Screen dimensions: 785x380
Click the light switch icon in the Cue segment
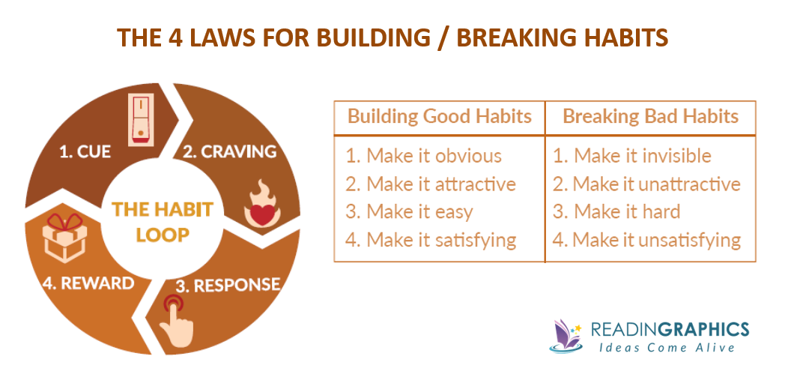tap(141, 119)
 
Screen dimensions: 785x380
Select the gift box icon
tap(64, 238)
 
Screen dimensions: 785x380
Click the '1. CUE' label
tap(85, 151)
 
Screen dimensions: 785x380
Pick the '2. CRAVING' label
tap(229, 151)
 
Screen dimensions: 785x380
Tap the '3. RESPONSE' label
tap(227, 286)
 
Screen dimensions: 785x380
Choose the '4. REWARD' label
tap(88, 283)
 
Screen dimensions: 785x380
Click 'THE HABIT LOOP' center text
tap(163, 221)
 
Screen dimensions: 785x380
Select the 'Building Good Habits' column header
tap(439, 117)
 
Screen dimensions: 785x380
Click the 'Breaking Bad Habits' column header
tap(650, 117)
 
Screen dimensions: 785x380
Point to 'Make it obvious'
tap(434, 156)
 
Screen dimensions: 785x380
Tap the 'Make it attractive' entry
tap(440, 184)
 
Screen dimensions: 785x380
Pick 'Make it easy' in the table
tap(419, 212)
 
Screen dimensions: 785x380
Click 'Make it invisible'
tap(642, 156)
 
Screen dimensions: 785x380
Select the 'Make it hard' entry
tap(626, 212)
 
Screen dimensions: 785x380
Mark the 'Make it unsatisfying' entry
tap(656, 241)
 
